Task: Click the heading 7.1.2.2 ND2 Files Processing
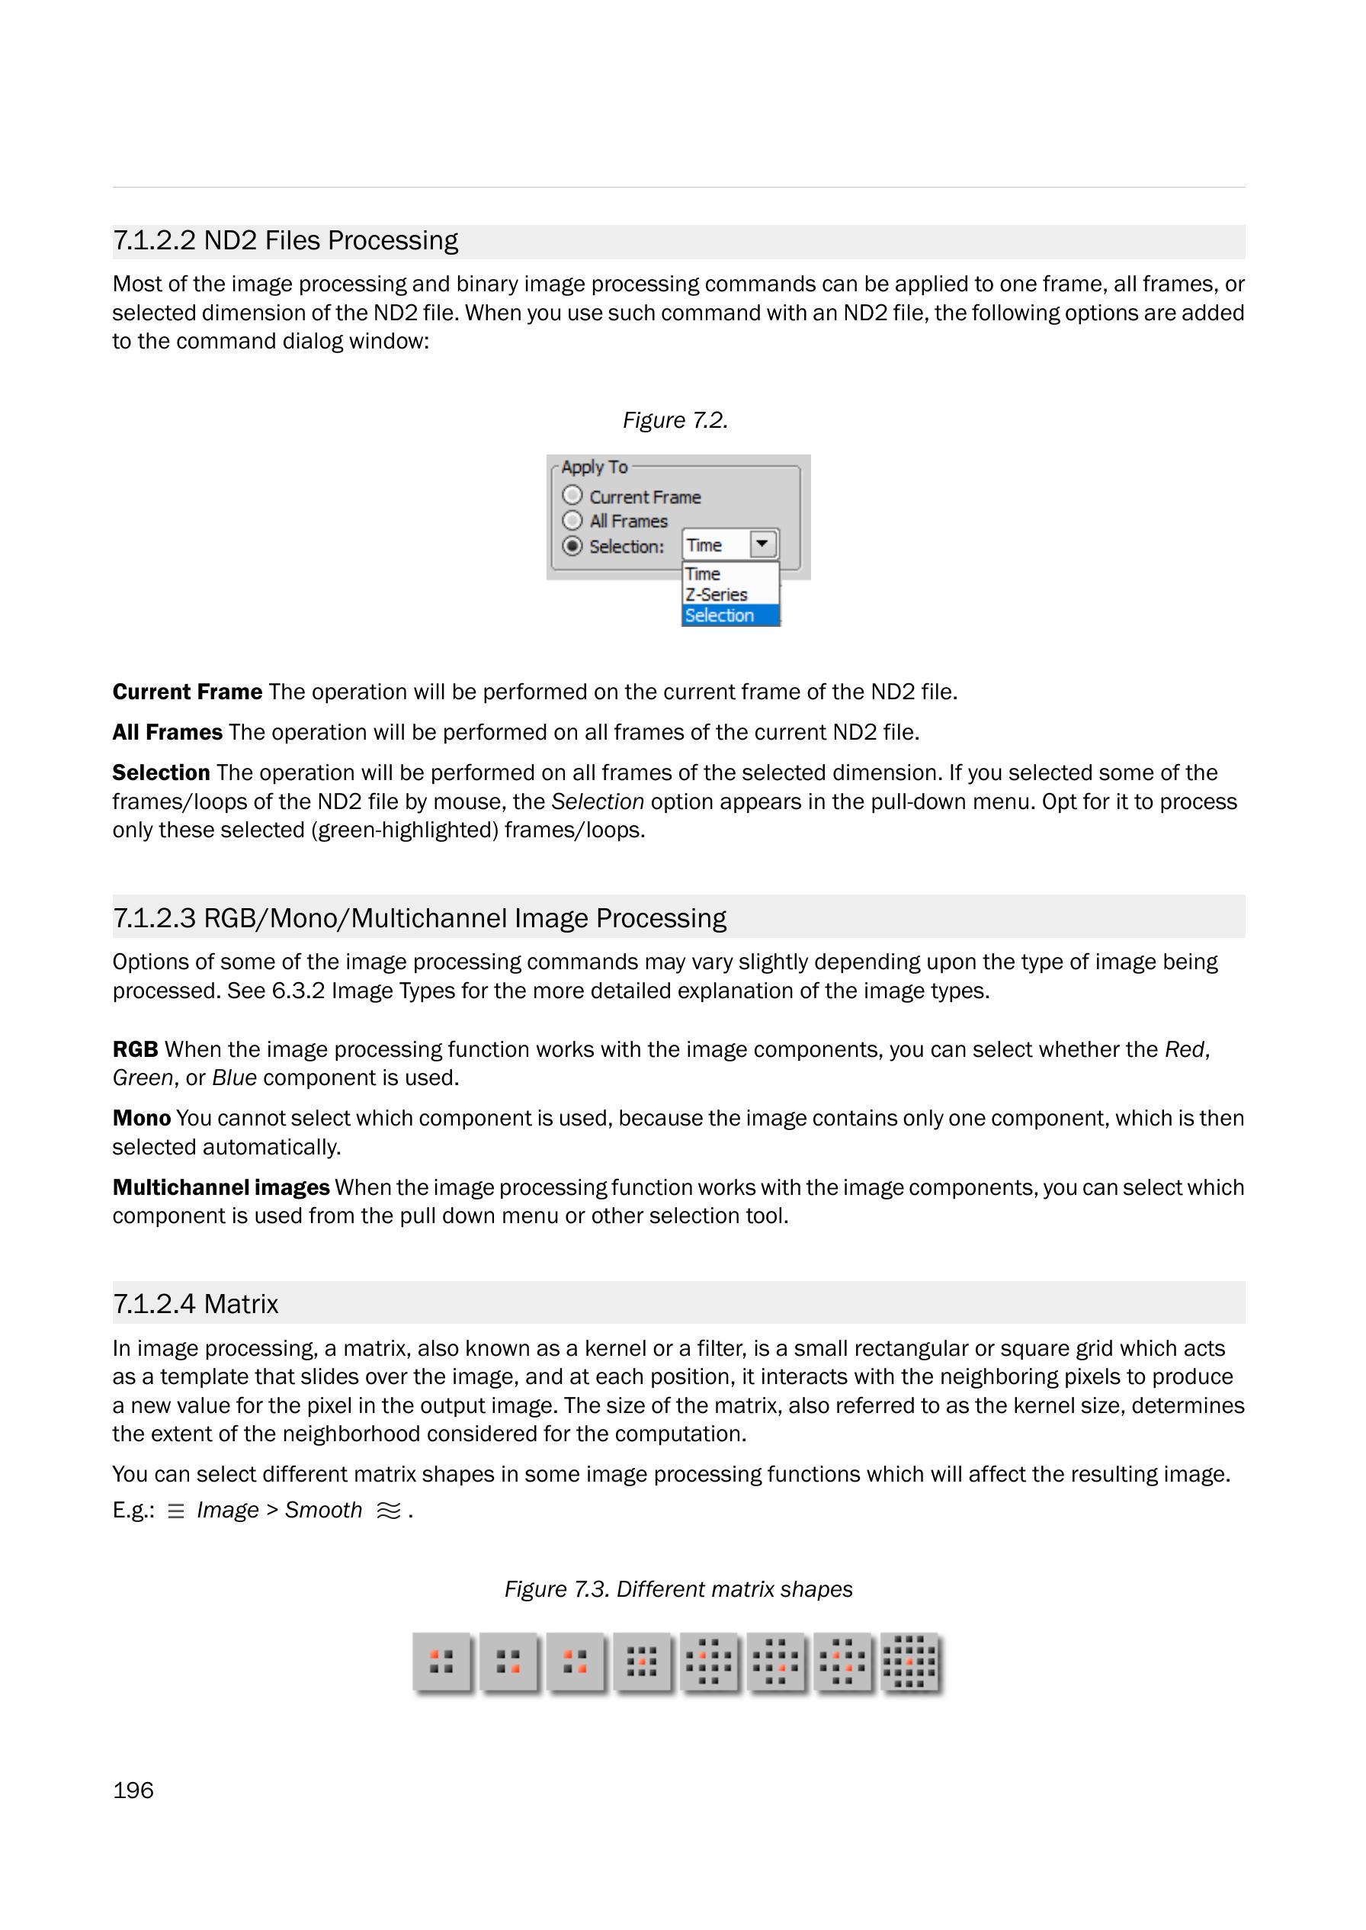(285, 241)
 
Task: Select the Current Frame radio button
(572, 495)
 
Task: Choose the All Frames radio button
(572, 520)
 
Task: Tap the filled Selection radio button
(572, 546)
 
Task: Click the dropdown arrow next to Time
(762, 544)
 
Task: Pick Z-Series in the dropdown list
(716, 594)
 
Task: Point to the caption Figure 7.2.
(675, 420)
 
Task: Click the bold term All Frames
(168, 732)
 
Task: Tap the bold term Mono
(141, 1118)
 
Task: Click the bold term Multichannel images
(220, 1187)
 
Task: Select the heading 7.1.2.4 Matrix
(195, 1303)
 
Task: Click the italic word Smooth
(323, 1510)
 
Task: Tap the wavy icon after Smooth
(389, 1511)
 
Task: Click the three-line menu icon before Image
(176, 1511)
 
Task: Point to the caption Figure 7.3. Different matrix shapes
(678, 1588)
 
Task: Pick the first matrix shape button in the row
(441, 1662)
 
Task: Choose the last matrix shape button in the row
(910, 1662)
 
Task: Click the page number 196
(133, 1790)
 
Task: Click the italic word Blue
(234, 1077)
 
